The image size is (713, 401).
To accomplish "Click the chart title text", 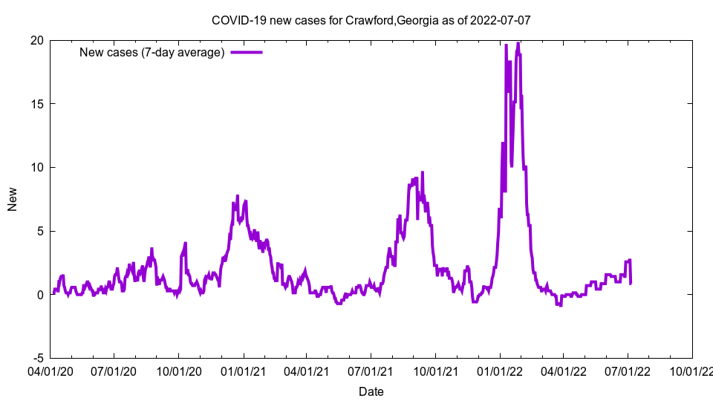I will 371,20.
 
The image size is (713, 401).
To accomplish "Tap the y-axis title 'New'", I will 12,199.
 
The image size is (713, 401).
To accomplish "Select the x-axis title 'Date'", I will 371,391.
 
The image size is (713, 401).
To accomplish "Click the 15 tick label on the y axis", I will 36,104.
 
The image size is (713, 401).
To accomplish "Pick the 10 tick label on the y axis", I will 36,167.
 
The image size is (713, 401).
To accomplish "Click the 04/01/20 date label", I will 50,369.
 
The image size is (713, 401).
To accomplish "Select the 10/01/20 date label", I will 178,369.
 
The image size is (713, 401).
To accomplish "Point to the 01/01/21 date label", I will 243,369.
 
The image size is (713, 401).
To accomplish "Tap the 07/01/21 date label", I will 371,369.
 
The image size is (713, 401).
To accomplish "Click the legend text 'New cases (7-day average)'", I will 152,52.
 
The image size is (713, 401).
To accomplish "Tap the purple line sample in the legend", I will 247,52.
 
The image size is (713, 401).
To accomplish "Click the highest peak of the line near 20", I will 518,43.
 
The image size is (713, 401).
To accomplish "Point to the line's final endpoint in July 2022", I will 631,282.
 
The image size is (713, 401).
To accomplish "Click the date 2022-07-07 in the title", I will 501,20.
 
